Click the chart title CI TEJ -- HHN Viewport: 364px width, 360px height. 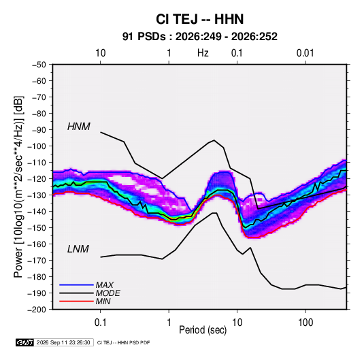click(x=199, y=19)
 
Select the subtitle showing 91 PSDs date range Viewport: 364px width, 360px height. click(x=199, y=37)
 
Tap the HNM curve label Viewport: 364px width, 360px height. click(x=79, y=127)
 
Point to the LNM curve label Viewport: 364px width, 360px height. click(x=78, y=249)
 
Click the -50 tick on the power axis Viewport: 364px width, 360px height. click(x=39, y=65)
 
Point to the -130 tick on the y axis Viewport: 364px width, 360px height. click(x=37, y=195)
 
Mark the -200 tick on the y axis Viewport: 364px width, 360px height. click(x=37, y=310)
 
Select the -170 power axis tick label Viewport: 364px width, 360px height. click(x=37, y=261)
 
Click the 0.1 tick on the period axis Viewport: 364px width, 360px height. click(x=100, y=323)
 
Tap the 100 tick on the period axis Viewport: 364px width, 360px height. click(x=305, y=323)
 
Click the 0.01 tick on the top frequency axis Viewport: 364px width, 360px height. click(x=305, y=53)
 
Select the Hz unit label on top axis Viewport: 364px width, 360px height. click(x=203, y=53)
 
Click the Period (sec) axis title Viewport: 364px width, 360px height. click(x=203, y=330)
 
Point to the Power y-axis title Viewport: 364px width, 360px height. click(x=18, y=187)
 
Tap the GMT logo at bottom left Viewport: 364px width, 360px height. click(x=25, y=342)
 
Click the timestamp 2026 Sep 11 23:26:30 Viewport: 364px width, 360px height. click(x=63, y=342)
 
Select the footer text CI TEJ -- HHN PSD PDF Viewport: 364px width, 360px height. click(x=124, y=342)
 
